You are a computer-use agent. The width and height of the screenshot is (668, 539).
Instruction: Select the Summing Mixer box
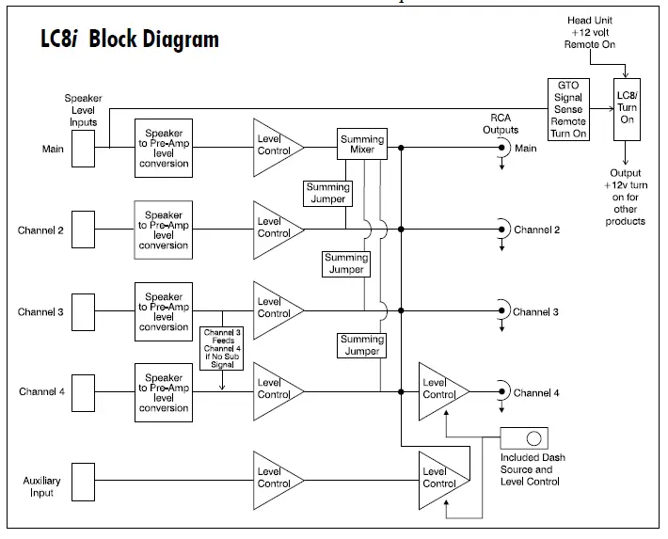(x=362, y=146)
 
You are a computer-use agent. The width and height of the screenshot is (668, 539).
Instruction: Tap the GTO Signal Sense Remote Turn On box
(x=567, y=109)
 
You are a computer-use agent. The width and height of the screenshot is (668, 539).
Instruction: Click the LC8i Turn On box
(x=627, y=109)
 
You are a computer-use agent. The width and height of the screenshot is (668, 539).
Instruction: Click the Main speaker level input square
(x=83, y=148)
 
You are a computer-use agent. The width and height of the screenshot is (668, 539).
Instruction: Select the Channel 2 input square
(x=83, y=228)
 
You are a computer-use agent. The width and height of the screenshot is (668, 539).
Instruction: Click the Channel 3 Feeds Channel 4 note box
(x=222, y=348)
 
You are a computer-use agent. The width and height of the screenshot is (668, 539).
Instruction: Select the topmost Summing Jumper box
(x=327, y=194)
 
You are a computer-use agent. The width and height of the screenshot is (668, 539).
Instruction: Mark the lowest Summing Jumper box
(x=361, y=345)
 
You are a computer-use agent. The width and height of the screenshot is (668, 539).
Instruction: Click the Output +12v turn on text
(x=626, y=197)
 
